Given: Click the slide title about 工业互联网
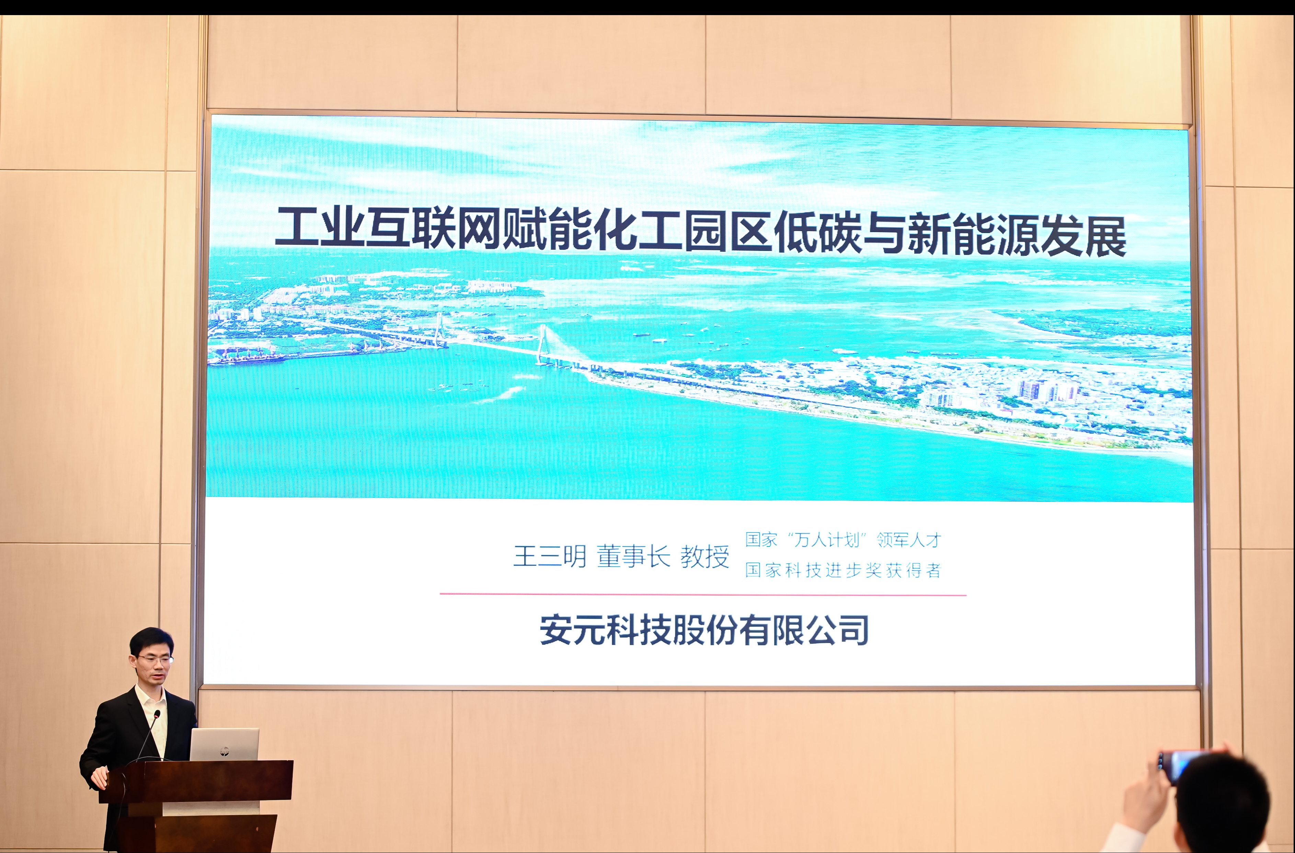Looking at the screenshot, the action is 701,233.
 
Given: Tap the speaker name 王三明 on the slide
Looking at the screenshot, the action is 550,556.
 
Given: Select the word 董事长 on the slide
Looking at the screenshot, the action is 633,556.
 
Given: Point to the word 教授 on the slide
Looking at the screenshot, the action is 704,556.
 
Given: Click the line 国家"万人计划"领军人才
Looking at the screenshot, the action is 843,540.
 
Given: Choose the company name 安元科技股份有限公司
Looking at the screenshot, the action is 704,630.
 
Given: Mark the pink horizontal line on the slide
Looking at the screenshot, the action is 703,595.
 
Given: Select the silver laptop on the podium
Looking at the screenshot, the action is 224,744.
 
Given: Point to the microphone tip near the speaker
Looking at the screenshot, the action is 157,713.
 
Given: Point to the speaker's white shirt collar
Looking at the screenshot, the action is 151,697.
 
